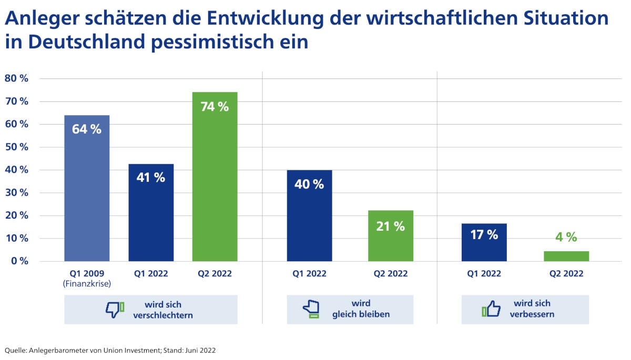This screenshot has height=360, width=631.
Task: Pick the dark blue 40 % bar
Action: coord(309,215)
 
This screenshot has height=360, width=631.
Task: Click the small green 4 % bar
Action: coord(566,256)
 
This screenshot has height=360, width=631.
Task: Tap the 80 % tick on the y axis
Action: coord(16,79)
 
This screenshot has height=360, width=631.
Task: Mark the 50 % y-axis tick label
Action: coord(16,147)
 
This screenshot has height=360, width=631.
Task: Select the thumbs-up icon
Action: coord(491,309)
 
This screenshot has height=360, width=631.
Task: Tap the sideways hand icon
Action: coord(311,310)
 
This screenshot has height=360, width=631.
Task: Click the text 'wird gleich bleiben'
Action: coord(361,309)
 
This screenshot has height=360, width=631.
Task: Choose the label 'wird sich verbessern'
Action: coord(532,309)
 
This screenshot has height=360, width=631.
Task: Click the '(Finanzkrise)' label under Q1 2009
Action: coord(87,284)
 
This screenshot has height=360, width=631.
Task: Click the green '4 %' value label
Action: coord(566,237)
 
